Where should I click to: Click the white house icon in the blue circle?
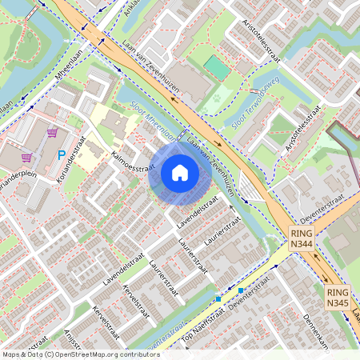point(180,172)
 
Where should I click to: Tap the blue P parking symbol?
point(61,154)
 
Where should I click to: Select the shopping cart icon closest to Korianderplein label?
point(26,158)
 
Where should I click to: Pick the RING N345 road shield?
point(338,298)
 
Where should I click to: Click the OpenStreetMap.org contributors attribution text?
point(104,354)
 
